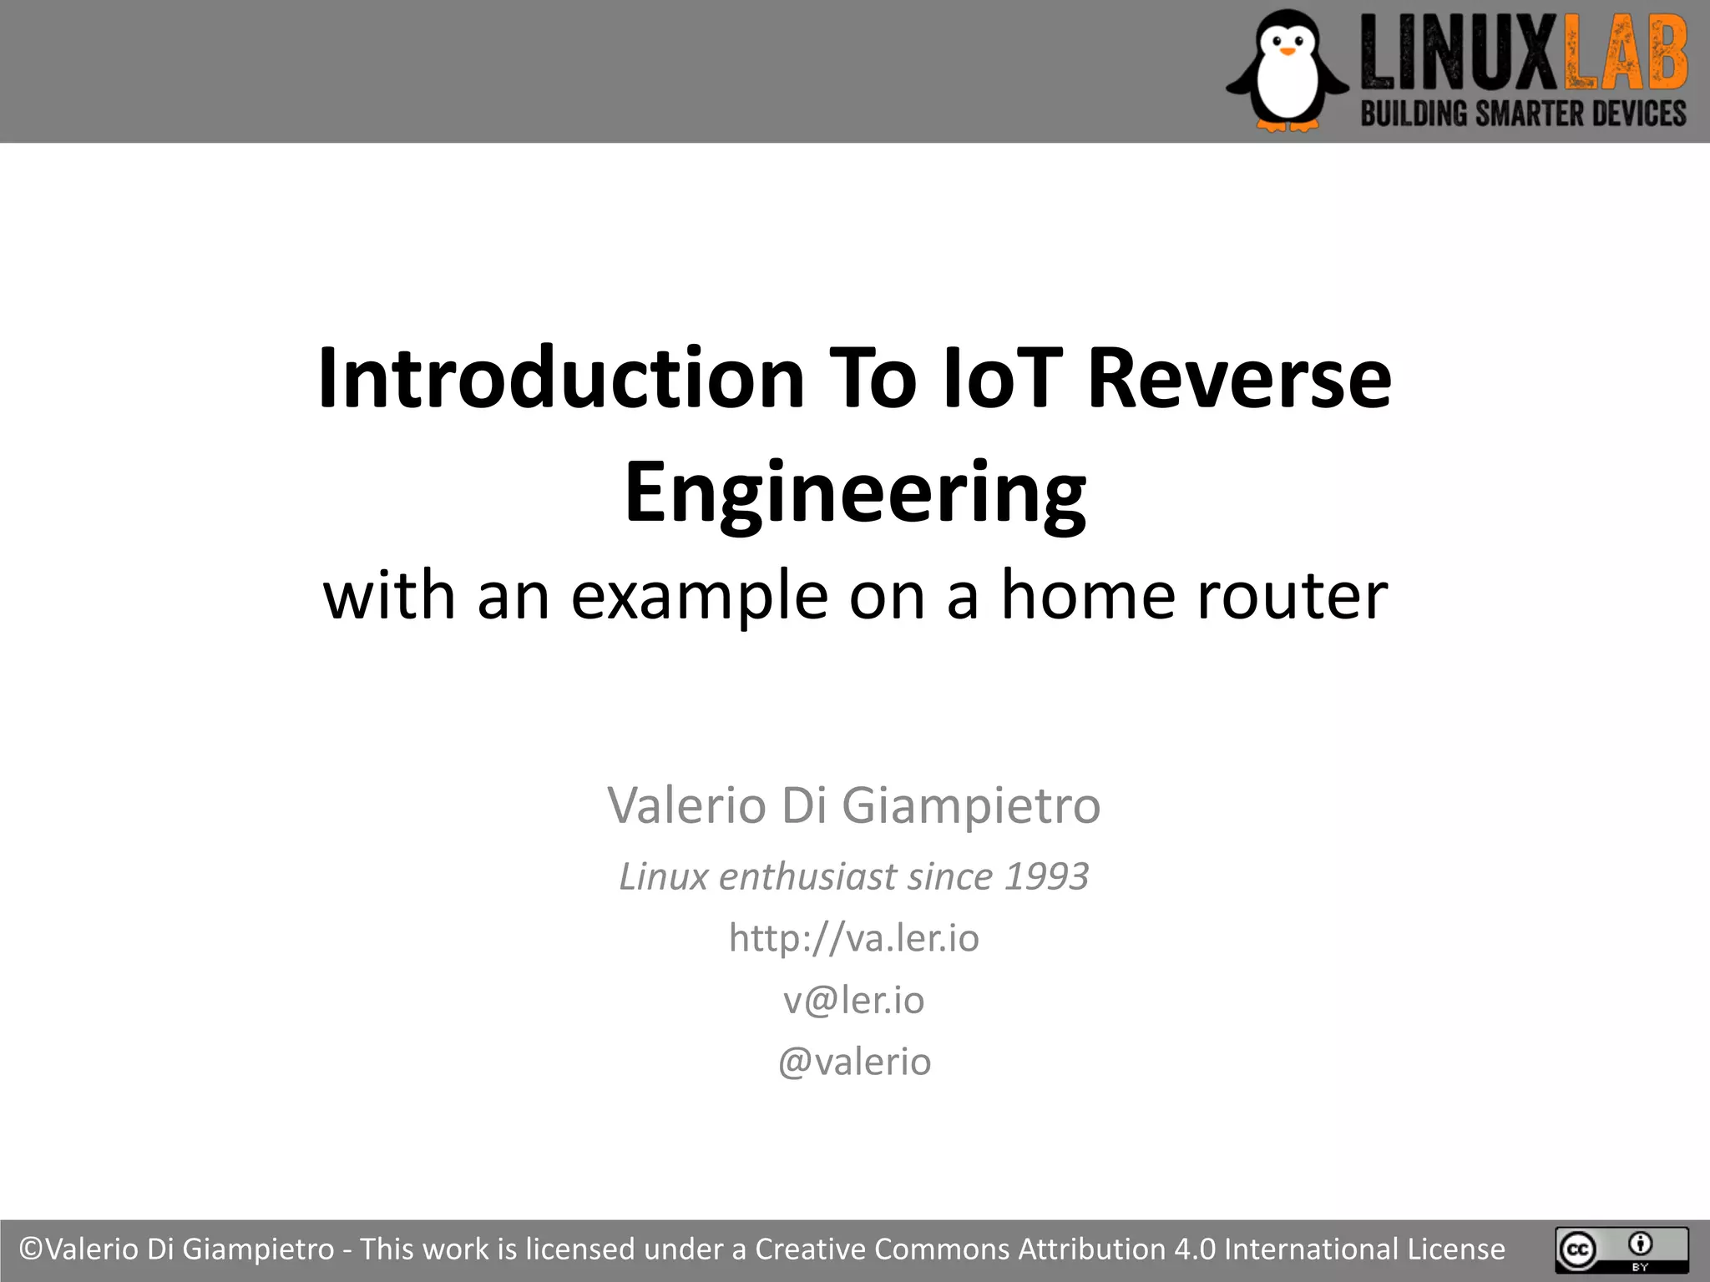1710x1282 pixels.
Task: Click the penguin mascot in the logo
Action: [x=1287, y=71]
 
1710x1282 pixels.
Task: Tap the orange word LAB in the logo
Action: [x=1625, y=55]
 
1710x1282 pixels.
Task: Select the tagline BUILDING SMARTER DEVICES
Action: [x=1523, y=114]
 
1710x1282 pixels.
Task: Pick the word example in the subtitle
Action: [x=699, y=596]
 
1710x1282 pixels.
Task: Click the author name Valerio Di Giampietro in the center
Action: [x=853, y=805]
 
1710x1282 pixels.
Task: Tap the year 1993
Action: [x=1046, y=876]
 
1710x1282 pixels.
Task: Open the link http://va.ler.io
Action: [x=853, y=938]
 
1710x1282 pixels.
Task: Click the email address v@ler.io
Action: [x=853, y=1000]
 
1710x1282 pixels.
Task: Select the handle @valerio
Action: [x=853, y=1062]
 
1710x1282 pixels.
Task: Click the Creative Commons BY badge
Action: [x=1621, y=1249]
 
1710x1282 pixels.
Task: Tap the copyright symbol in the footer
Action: [x=31, y=1249]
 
